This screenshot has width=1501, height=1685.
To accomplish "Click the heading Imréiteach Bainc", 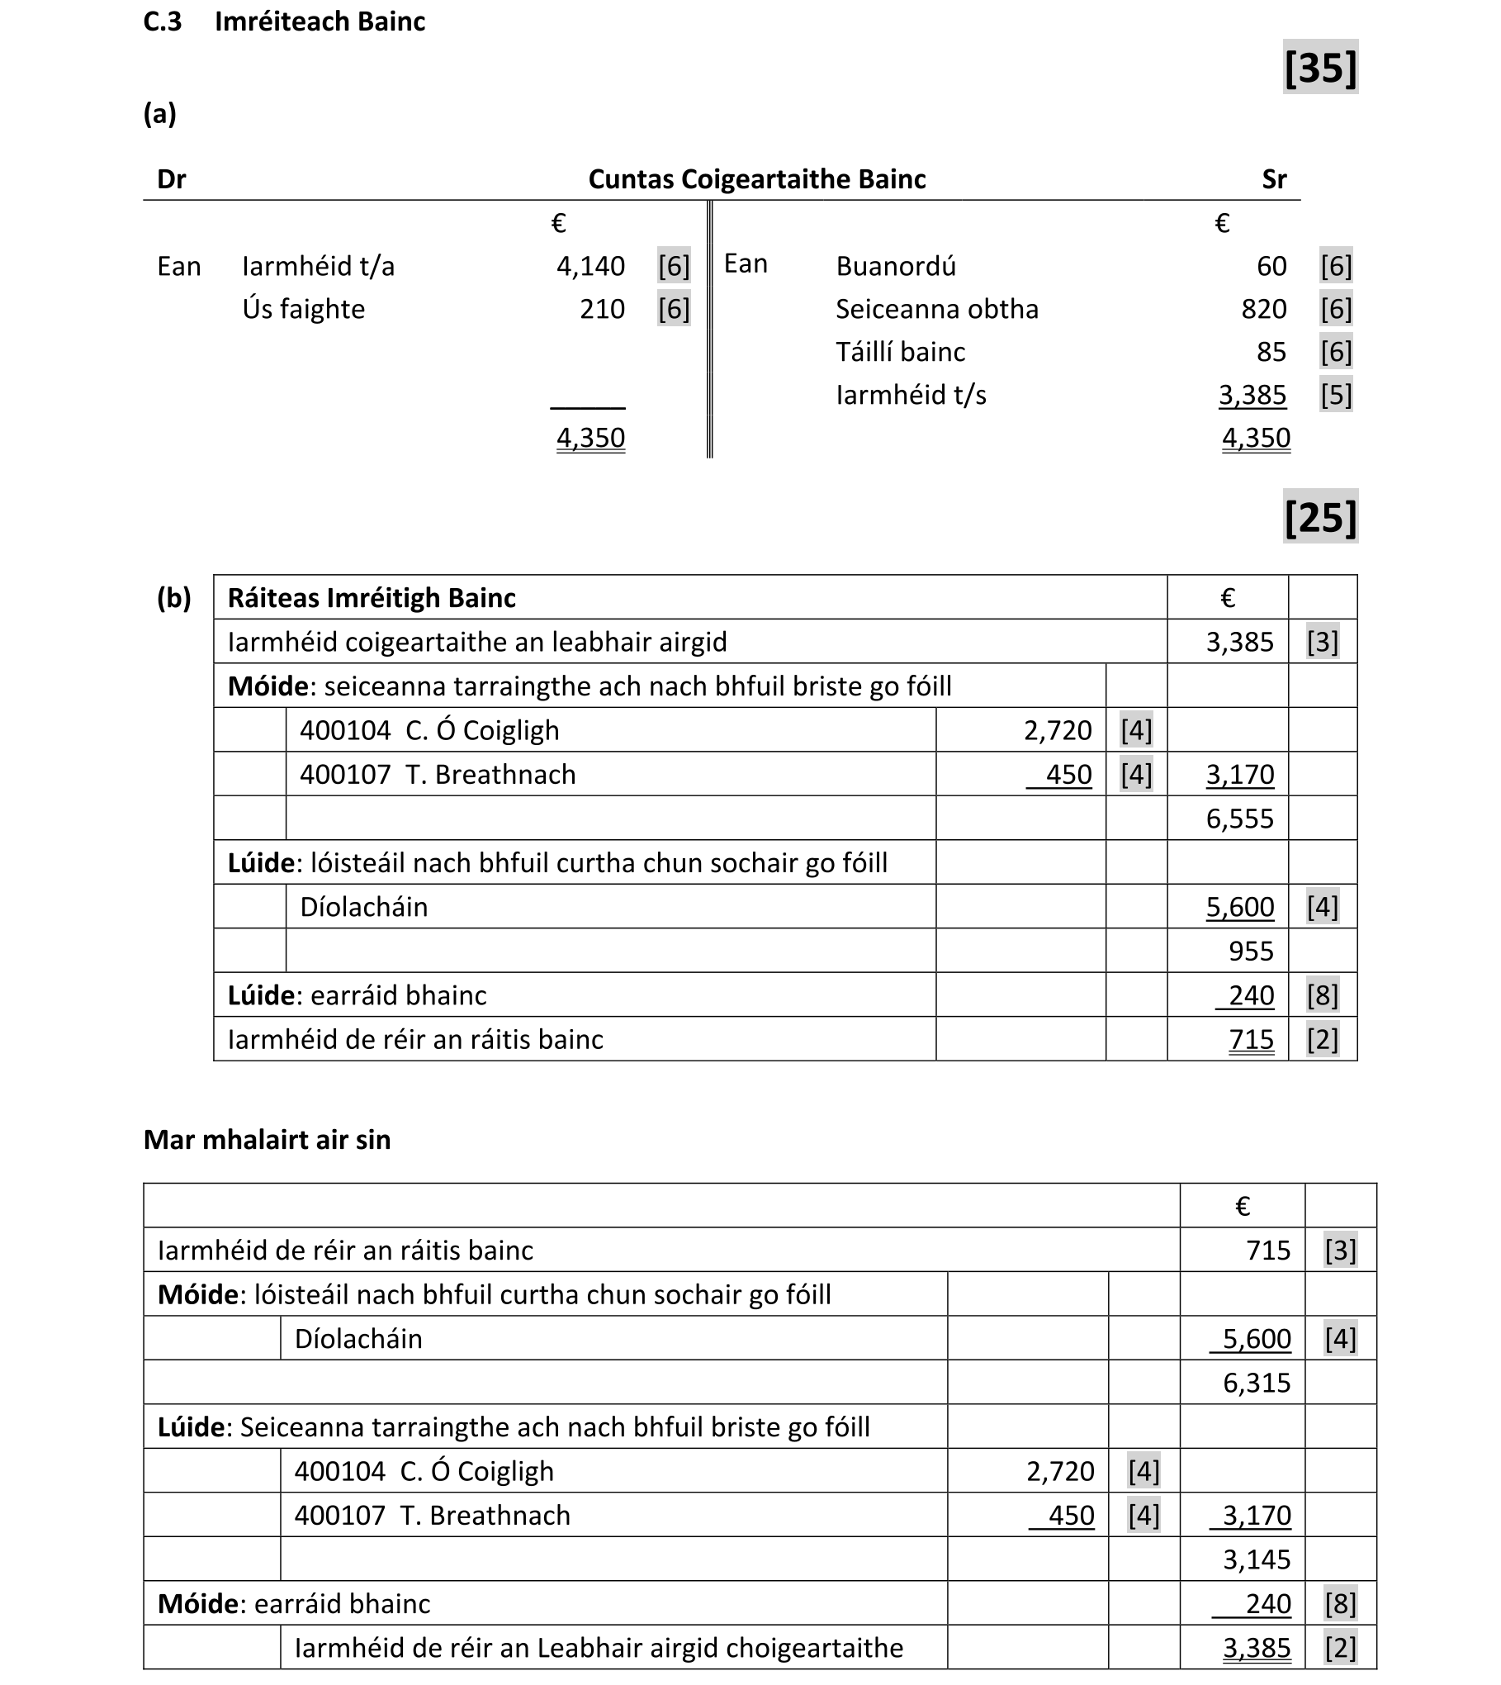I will [x=320, y=21].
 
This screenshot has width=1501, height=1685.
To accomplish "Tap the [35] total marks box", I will [x=1319, y=68].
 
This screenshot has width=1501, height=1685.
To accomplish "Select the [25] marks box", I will [x=1319, y=517].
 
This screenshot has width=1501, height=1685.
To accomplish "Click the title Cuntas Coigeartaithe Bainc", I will [x=756, y=179].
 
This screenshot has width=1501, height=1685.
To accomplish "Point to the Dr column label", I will [x=171, y=179].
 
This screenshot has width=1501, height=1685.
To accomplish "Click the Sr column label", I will [x=1273, y=179].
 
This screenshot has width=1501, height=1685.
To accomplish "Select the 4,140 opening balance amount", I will [x=590, y=266].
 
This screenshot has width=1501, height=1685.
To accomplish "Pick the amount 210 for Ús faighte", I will [x=602, y=309].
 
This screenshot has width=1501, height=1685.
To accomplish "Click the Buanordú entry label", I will [x=896, y=266].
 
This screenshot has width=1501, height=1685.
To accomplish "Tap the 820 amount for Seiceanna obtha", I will [x=1263, y=309].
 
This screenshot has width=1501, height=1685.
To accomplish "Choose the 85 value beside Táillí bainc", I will [x=1271, y=352].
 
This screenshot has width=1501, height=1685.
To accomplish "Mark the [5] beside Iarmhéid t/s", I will [x=1335, y=395].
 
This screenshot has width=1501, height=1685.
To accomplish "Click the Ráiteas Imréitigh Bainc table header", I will [x=372, y=598].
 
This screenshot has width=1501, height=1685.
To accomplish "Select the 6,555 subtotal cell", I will [x=1239, y=819].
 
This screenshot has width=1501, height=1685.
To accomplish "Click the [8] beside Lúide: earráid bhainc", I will [x=1322, y=995].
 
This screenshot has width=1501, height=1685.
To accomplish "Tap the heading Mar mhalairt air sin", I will [x=267, y=1140].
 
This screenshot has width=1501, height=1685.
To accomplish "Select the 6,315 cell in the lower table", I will [x=1256, y=1383].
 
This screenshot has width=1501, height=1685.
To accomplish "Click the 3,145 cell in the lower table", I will [x=1256, y=1559].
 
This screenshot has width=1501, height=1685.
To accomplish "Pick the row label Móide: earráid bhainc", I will [x=294, y=1603].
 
